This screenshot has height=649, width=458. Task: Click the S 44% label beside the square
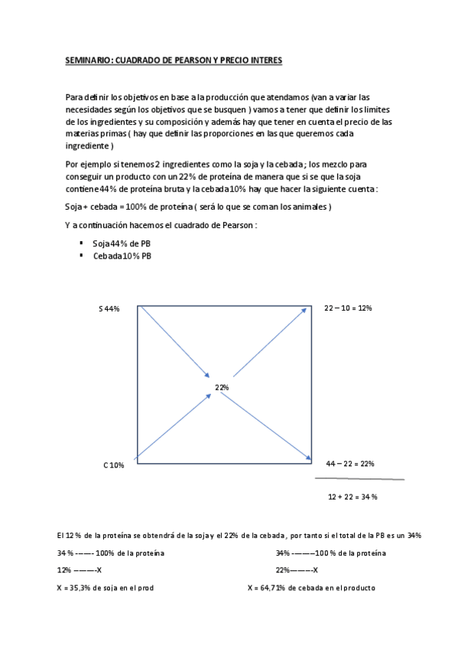109,308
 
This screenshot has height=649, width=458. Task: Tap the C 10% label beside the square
113,465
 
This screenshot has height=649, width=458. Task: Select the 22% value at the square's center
222,388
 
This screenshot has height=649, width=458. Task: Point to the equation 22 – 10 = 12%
348,307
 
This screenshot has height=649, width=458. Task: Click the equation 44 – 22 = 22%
349,464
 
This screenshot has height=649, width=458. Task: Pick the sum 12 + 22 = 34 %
352,496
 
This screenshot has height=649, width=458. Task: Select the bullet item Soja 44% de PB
122,243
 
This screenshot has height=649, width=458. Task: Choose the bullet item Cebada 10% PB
122,256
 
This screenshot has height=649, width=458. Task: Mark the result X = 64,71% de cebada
310,588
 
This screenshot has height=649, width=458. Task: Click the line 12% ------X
79,570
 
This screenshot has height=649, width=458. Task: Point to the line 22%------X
297,570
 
